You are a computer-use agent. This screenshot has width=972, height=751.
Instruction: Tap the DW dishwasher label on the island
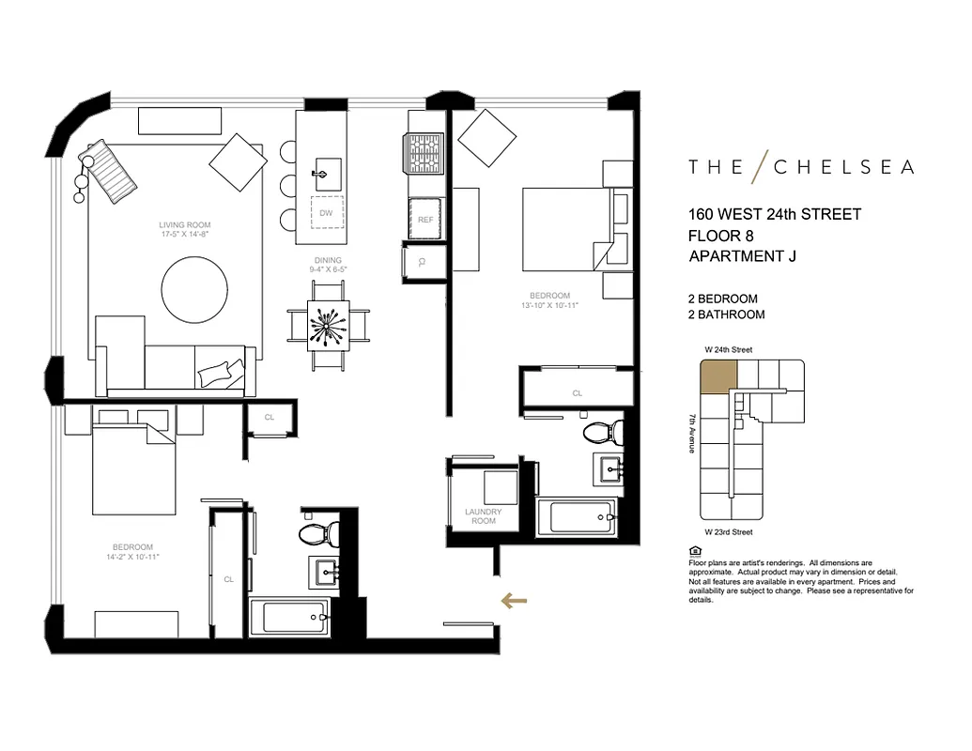coord(326,213)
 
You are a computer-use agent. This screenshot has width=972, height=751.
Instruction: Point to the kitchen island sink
coord(327,172)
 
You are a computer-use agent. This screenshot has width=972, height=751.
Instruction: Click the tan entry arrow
coord(512,601)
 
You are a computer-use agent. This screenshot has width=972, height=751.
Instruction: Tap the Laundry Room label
coord(483,516)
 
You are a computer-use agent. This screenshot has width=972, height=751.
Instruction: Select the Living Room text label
coord(184,225)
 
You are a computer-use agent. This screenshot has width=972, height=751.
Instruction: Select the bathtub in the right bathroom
coord(575,518)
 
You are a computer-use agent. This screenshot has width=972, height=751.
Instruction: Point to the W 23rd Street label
coord(728,532)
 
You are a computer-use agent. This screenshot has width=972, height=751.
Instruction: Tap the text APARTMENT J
coord(742,256)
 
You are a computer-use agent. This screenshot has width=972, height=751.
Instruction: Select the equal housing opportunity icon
coord(694,551)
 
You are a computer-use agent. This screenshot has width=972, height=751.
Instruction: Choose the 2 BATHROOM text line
coord(726,314)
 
